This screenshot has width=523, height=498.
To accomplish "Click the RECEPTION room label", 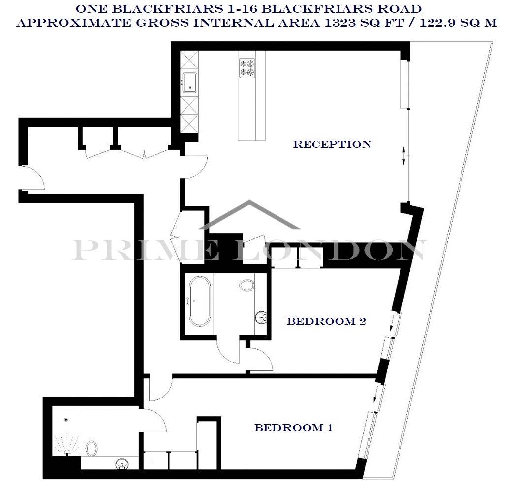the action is point(332,144).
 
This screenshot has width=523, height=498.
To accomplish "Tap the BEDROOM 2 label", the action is point(327,321).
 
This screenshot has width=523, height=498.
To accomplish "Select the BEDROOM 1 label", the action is point(294,428).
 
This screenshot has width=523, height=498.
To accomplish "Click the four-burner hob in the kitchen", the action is point(247,68).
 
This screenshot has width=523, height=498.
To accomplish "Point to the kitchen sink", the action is point(190,82).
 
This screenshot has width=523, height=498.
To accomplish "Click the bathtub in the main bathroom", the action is point(200,301).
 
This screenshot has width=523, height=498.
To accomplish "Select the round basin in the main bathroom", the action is point(261,317).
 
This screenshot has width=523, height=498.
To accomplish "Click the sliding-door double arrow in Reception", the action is point(404,156).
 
